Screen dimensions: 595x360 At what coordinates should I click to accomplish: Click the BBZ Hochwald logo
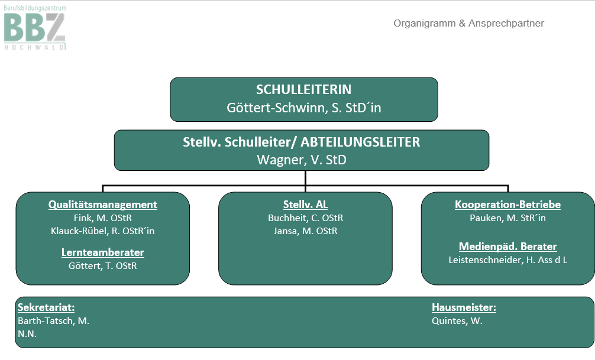pos(35,28)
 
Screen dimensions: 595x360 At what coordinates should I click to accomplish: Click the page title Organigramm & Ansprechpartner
pos(468,23)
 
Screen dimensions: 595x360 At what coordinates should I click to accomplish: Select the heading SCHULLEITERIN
pos(303,89)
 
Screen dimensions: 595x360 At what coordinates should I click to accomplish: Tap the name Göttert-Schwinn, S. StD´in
pos(303,108)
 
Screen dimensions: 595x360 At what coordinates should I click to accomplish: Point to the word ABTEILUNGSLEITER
pos(360,142)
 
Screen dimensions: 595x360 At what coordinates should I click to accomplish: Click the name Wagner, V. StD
pos(302,160)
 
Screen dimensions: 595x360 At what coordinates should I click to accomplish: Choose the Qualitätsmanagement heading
pos(102,205)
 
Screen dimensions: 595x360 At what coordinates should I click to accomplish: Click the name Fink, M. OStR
pos(102,218)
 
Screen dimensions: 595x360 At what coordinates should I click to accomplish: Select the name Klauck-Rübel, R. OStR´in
pos(102,231)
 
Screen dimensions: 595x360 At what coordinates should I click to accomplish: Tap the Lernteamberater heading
pos(102,252)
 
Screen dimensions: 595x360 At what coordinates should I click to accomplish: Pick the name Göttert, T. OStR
pos(102,265)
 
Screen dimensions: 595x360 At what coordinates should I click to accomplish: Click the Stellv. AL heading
pos(305,205)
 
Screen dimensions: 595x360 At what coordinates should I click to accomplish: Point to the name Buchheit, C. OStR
pos(305,218)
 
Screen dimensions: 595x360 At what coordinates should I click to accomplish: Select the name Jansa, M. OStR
pos(305,231)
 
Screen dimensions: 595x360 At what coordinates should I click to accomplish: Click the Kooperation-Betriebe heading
pos(507,205)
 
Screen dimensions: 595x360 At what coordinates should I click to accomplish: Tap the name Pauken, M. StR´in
pos(507,218)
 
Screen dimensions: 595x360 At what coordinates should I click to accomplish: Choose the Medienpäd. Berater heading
pos(507,246)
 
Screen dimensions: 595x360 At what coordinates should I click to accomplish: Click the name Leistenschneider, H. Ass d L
pos(507,260)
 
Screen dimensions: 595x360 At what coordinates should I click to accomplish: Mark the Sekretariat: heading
pos(46,307)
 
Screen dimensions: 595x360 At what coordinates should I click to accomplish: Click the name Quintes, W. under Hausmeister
pos(457,320)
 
